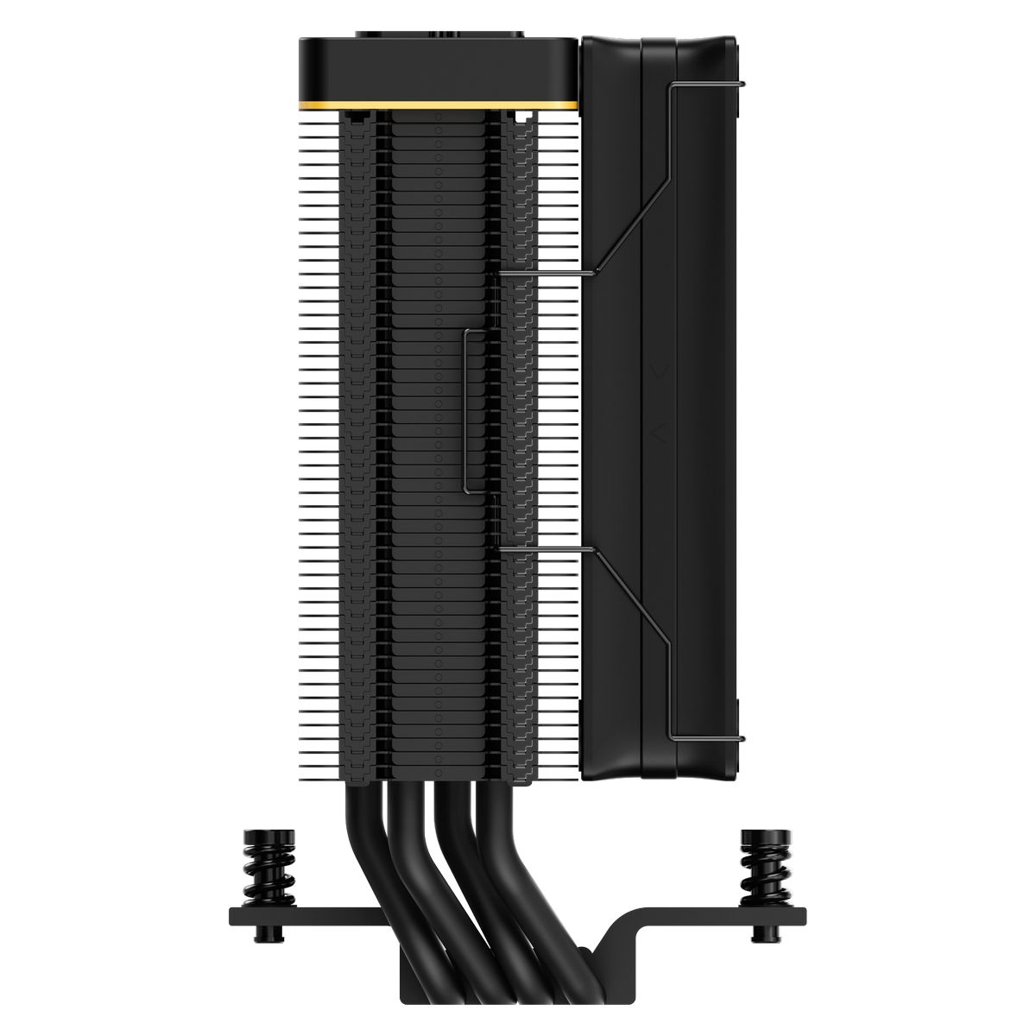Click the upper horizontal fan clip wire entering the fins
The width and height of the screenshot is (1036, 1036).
pos(544,276)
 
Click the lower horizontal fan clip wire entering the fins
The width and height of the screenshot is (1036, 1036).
pos(544,547)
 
